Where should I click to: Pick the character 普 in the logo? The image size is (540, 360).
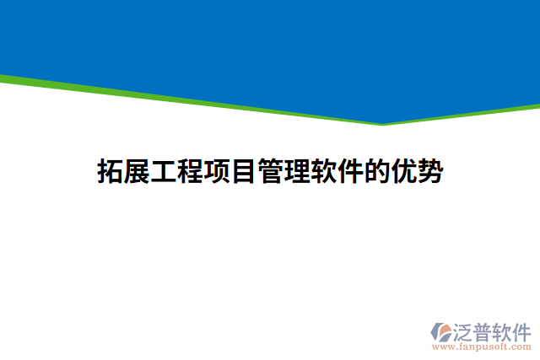[483, 330]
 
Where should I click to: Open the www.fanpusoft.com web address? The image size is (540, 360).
[481, 347]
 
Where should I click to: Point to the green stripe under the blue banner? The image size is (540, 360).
[169, 99]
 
